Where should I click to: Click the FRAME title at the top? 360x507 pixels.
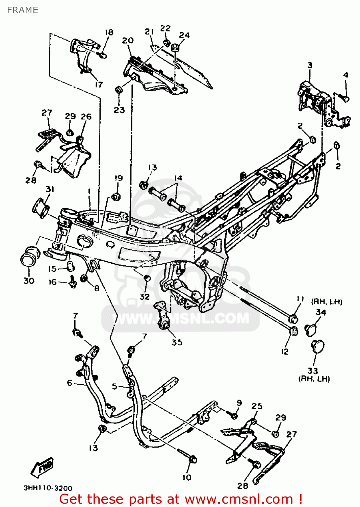coord(22,10)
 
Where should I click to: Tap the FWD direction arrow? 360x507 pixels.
coord(43,468)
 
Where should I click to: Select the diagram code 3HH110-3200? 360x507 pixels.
coord(48,488)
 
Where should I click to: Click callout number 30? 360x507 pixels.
coord(29,281)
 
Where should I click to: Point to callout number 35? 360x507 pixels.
coord(177,342)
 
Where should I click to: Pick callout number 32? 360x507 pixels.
coord(145,296)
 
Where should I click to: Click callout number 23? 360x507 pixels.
coord(119,110)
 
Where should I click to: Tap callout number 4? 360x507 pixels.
coord(345,75)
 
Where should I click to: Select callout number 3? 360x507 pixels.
coord(310,65)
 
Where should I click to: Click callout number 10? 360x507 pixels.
coord(187,477)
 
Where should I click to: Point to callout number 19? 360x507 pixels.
coord(119,178)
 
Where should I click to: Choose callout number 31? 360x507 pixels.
coord(50,189)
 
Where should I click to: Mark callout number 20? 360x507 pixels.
coord(128,41)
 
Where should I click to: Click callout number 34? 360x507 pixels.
coord(320,312)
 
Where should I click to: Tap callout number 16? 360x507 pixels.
coord(53,282)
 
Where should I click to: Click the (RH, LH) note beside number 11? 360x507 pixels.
coord(327,301)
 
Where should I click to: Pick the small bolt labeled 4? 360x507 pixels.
coord(345,99)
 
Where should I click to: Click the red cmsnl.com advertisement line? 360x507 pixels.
coord(181,499)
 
